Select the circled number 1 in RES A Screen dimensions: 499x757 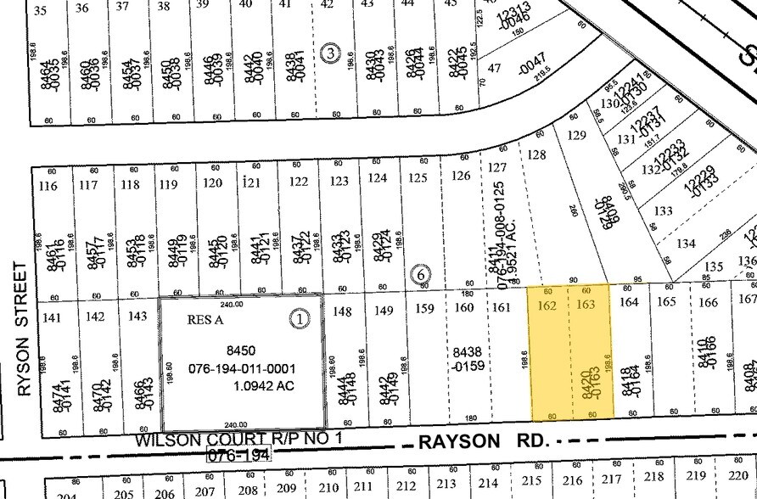tap(300, 319)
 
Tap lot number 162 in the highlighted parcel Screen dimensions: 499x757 tap(547, 304)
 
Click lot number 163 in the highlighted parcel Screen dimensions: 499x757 tap(586, 304)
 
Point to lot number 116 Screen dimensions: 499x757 tap(48, 185)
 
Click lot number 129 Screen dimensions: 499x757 tap(577, 135)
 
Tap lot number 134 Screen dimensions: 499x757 tap(686, 244)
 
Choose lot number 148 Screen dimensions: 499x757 tap(341, 311)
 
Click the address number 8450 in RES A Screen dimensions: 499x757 tap(242, 350)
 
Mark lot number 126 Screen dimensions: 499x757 tap(460, 176)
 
